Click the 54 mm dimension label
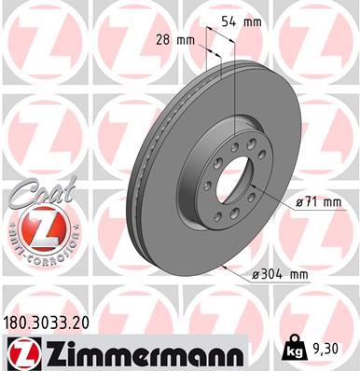(248, 20)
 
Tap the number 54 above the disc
(240, 20)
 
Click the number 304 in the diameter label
(271, 275)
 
